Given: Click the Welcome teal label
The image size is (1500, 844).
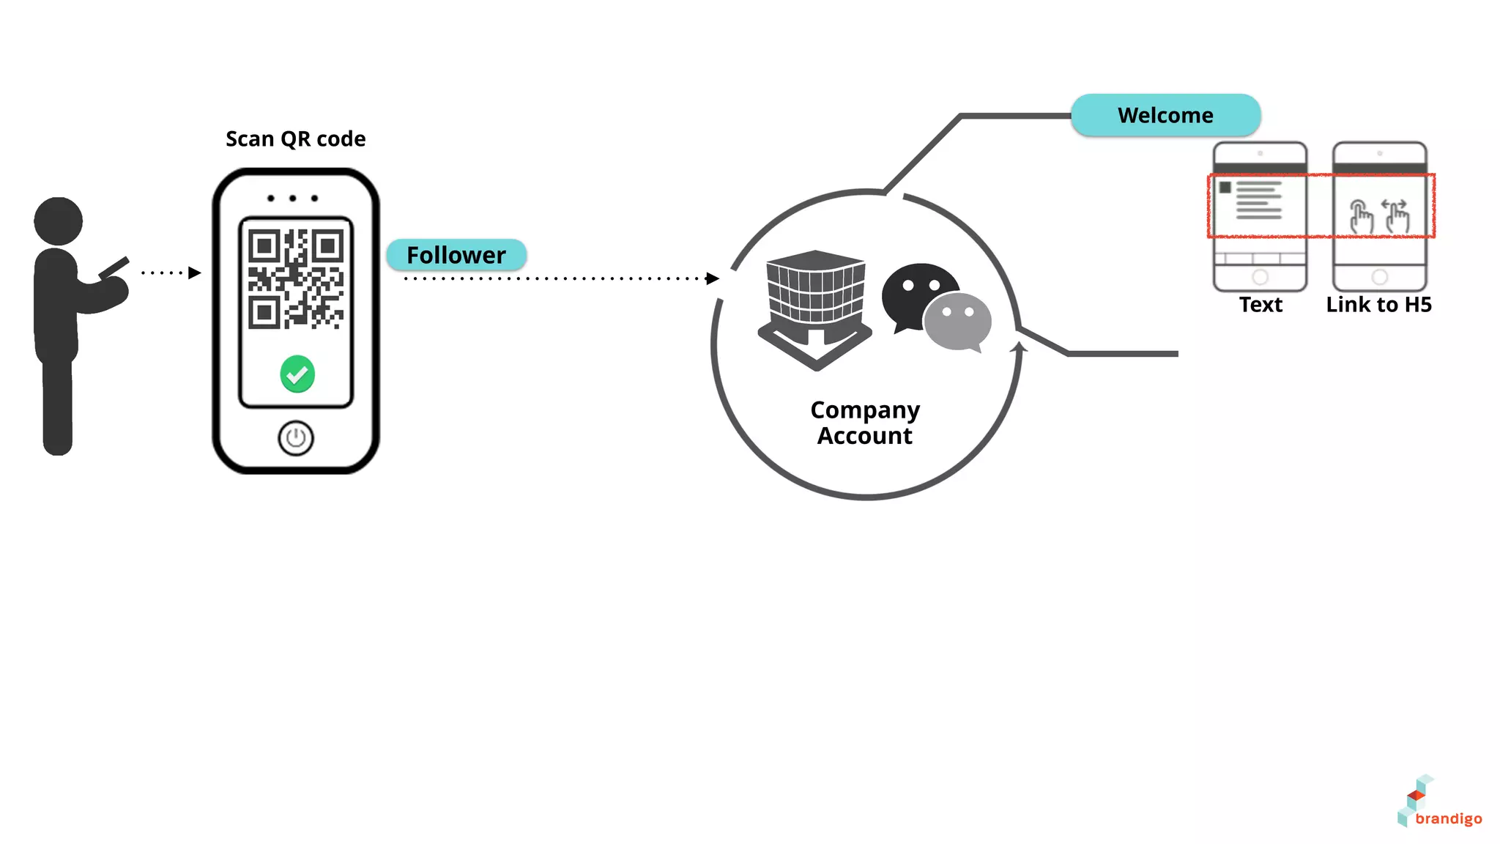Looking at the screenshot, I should (1165, 115).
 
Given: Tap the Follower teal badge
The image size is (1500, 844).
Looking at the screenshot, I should (456, 255).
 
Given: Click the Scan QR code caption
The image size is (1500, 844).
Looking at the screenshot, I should (295, 138).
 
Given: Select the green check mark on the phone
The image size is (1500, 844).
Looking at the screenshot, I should (297, 374).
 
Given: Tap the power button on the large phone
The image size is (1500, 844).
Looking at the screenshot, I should (296, 438).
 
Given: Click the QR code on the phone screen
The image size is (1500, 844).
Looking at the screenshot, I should (296, 278).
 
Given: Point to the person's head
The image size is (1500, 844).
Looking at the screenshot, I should (58, 221).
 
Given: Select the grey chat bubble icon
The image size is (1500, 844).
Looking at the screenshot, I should (958, 321).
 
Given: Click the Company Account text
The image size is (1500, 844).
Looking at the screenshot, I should (865, 423).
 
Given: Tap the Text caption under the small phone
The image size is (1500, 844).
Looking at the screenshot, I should (1260, 304).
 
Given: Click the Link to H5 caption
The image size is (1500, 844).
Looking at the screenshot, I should (1378, 304).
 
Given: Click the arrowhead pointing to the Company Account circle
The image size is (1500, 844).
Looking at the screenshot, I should (712, 278).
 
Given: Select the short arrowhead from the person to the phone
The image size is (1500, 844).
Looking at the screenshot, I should (194, 273).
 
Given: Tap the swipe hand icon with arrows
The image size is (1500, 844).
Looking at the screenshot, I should (1397, 216).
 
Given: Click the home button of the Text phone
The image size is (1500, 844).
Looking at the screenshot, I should (1260, 277).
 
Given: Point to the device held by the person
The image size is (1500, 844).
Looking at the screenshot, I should (114, 267).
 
